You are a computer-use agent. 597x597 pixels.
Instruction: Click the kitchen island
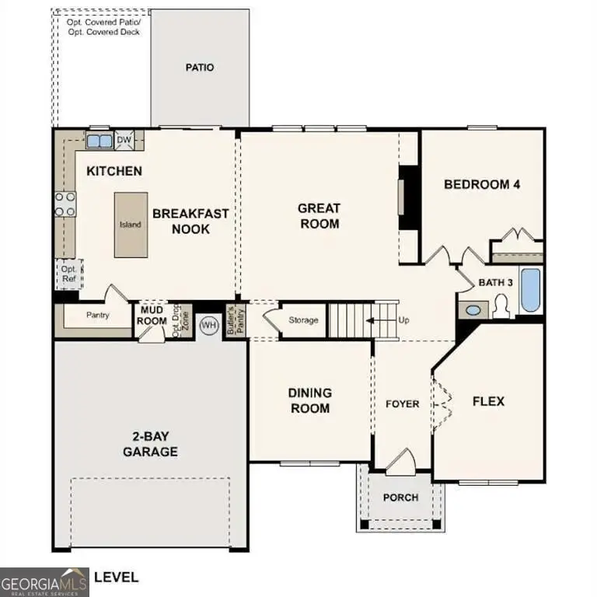(x=130, y=225)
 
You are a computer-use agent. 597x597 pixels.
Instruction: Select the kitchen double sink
(x=99, y=141)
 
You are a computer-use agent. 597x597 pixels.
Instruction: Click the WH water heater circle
(x=208, y=325)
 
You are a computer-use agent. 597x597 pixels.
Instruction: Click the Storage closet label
(x=303, y=320)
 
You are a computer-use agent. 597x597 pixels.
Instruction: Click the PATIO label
(x=200, y=68)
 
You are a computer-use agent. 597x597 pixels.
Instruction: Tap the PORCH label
(x=401, y=497)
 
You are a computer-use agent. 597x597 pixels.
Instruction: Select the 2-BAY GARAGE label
(x=151, y=444)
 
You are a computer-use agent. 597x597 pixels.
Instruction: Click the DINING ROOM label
(x=310, y=400)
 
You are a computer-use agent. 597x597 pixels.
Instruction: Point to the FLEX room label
(x=489, y=401)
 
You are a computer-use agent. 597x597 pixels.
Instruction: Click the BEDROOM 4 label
(x=481, y=184)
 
